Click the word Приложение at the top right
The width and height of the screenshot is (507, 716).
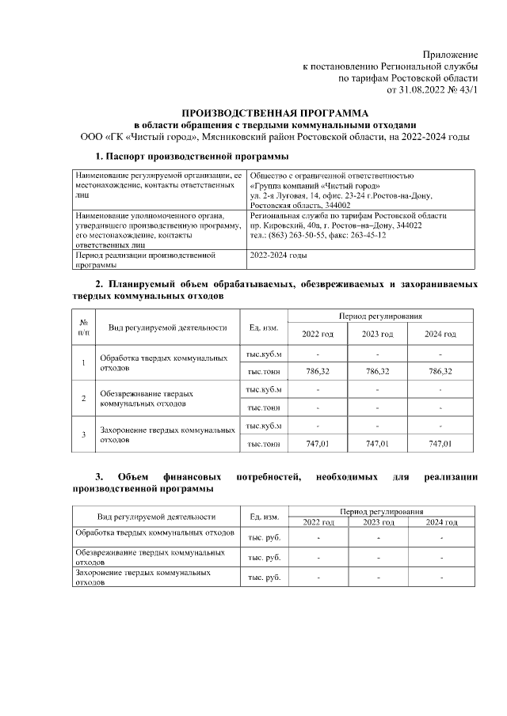pos(450,54)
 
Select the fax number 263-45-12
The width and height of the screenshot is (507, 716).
pos(380,237)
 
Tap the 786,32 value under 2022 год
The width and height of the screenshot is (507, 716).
pos(317,371)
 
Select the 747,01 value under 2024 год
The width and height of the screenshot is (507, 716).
pos(440,445)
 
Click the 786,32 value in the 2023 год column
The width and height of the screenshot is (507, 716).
pos(377,371)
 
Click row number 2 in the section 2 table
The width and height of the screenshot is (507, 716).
pos(84,398)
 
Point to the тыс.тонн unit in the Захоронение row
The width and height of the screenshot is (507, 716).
pos(264,445)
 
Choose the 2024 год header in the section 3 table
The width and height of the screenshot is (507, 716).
pos(441,523)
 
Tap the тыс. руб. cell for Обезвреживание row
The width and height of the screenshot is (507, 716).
pos(265,557)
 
